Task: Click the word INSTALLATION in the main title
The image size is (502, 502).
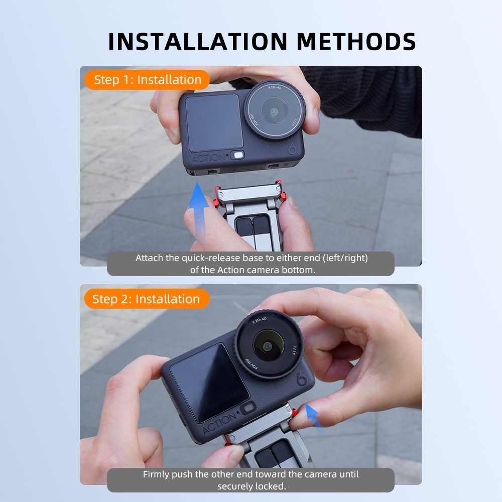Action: [x=198, y=42]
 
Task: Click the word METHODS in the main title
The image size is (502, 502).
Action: [x=356, y=42]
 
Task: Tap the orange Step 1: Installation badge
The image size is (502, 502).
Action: [x=147, y=80]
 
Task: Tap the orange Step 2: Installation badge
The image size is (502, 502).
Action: [x=147, y=299]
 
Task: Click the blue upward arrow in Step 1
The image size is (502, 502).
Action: [x=198, y=210]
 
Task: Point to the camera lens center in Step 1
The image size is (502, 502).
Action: [x=274, y=112]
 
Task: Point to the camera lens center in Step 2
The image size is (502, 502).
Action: [x=268, y=346]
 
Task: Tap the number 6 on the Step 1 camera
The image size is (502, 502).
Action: [x=292, y=148]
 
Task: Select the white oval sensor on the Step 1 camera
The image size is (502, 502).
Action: [x=238, y=155]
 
